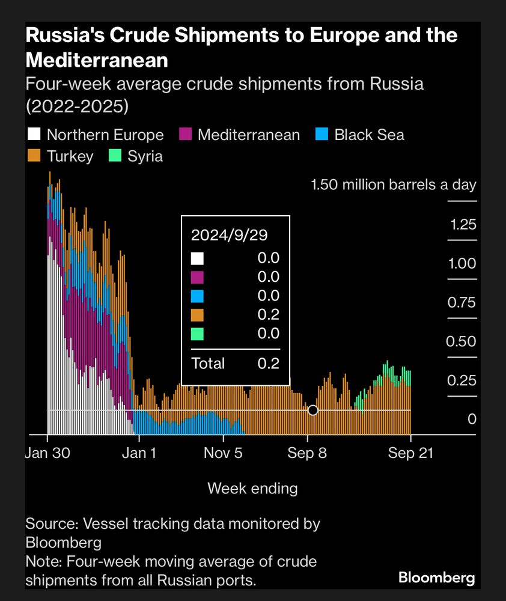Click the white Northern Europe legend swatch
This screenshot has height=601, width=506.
click(34, 135)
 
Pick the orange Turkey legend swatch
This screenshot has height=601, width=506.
click(34, 156)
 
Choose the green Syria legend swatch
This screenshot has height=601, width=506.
click(115, 156)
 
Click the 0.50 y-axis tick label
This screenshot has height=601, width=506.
click(462, 341)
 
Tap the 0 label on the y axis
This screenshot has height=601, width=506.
click(472, 419)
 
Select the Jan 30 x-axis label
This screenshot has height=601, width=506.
click(47, 453)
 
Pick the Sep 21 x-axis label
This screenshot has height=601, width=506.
click(411, 453)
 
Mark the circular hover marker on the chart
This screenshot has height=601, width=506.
click(312, 410)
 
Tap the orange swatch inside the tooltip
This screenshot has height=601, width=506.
click(197, 315)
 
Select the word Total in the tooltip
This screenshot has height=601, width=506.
click(208, 363)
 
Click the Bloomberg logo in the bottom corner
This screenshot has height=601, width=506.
click(437, 578)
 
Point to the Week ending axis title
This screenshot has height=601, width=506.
click(252, 488)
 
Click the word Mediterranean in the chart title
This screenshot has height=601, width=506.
click(96, 59)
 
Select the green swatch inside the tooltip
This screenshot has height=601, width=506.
click(197, 334)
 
